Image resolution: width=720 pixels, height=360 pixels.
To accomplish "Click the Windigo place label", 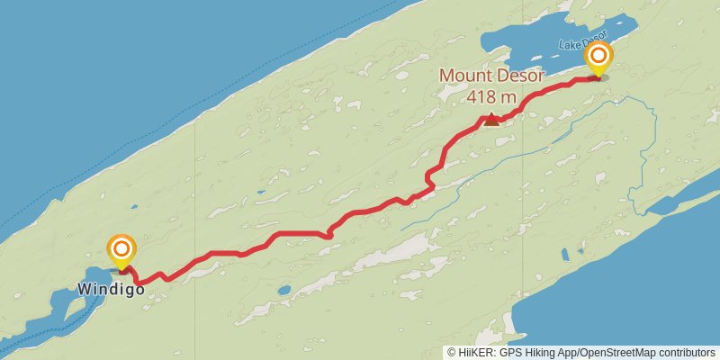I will click(x=111, y=290).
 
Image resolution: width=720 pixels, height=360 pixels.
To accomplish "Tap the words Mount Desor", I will click(x=491, y=76).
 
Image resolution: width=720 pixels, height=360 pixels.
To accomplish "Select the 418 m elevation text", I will click(x=491, y=95).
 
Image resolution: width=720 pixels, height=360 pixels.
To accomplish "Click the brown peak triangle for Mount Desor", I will click(x=491, y=119).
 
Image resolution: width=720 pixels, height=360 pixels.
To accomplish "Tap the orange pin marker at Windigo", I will click(x=121, y=248).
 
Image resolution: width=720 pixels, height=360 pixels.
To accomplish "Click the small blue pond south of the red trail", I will click(x=284, y=291).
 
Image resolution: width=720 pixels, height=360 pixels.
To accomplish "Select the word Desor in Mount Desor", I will click(x=520, y=76).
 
